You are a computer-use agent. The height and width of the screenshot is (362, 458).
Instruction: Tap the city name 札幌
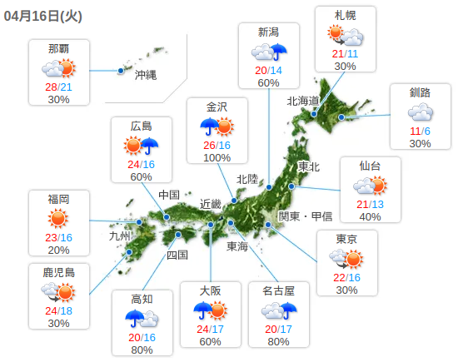[345, 16]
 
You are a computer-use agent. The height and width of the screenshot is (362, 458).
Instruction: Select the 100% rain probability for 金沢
[217, 157]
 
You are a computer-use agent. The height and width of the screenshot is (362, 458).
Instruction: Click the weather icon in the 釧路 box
[420, 112]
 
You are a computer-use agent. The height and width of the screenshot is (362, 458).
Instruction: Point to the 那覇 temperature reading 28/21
[58, 87]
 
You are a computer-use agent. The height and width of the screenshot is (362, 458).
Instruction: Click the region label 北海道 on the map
[303, 101]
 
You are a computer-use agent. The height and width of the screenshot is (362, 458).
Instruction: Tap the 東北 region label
[308, 166]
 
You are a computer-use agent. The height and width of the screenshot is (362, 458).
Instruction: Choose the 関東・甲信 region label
[306, 216]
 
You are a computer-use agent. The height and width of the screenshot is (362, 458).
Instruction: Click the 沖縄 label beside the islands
[146, 74]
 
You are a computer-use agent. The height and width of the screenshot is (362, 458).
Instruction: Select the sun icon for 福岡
[58, 219]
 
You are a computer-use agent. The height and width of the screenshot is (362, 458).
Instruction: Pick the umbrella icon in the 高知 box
[135, 317]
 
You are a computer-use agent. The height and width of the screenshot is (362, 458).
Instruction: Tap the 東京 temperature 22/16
[346, 277]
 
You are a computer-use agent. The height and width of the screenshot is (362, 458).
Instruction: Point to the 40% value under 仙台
[370, 217]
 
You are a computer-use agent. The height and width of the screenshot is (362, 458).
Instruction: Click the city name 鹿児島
[58, 272]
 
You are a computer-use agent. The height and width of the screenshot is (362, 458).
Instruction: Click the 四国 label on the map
[177, 255]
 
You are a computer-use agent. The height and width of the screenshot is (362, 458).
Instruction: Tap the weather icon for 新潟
[268, 52]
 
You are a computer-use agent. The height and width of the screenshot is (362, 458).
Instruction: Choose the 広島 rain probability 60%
[141, 176]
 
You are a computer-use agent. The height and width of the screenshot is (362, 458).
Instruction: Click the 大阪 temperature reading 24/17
[210, 330]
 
